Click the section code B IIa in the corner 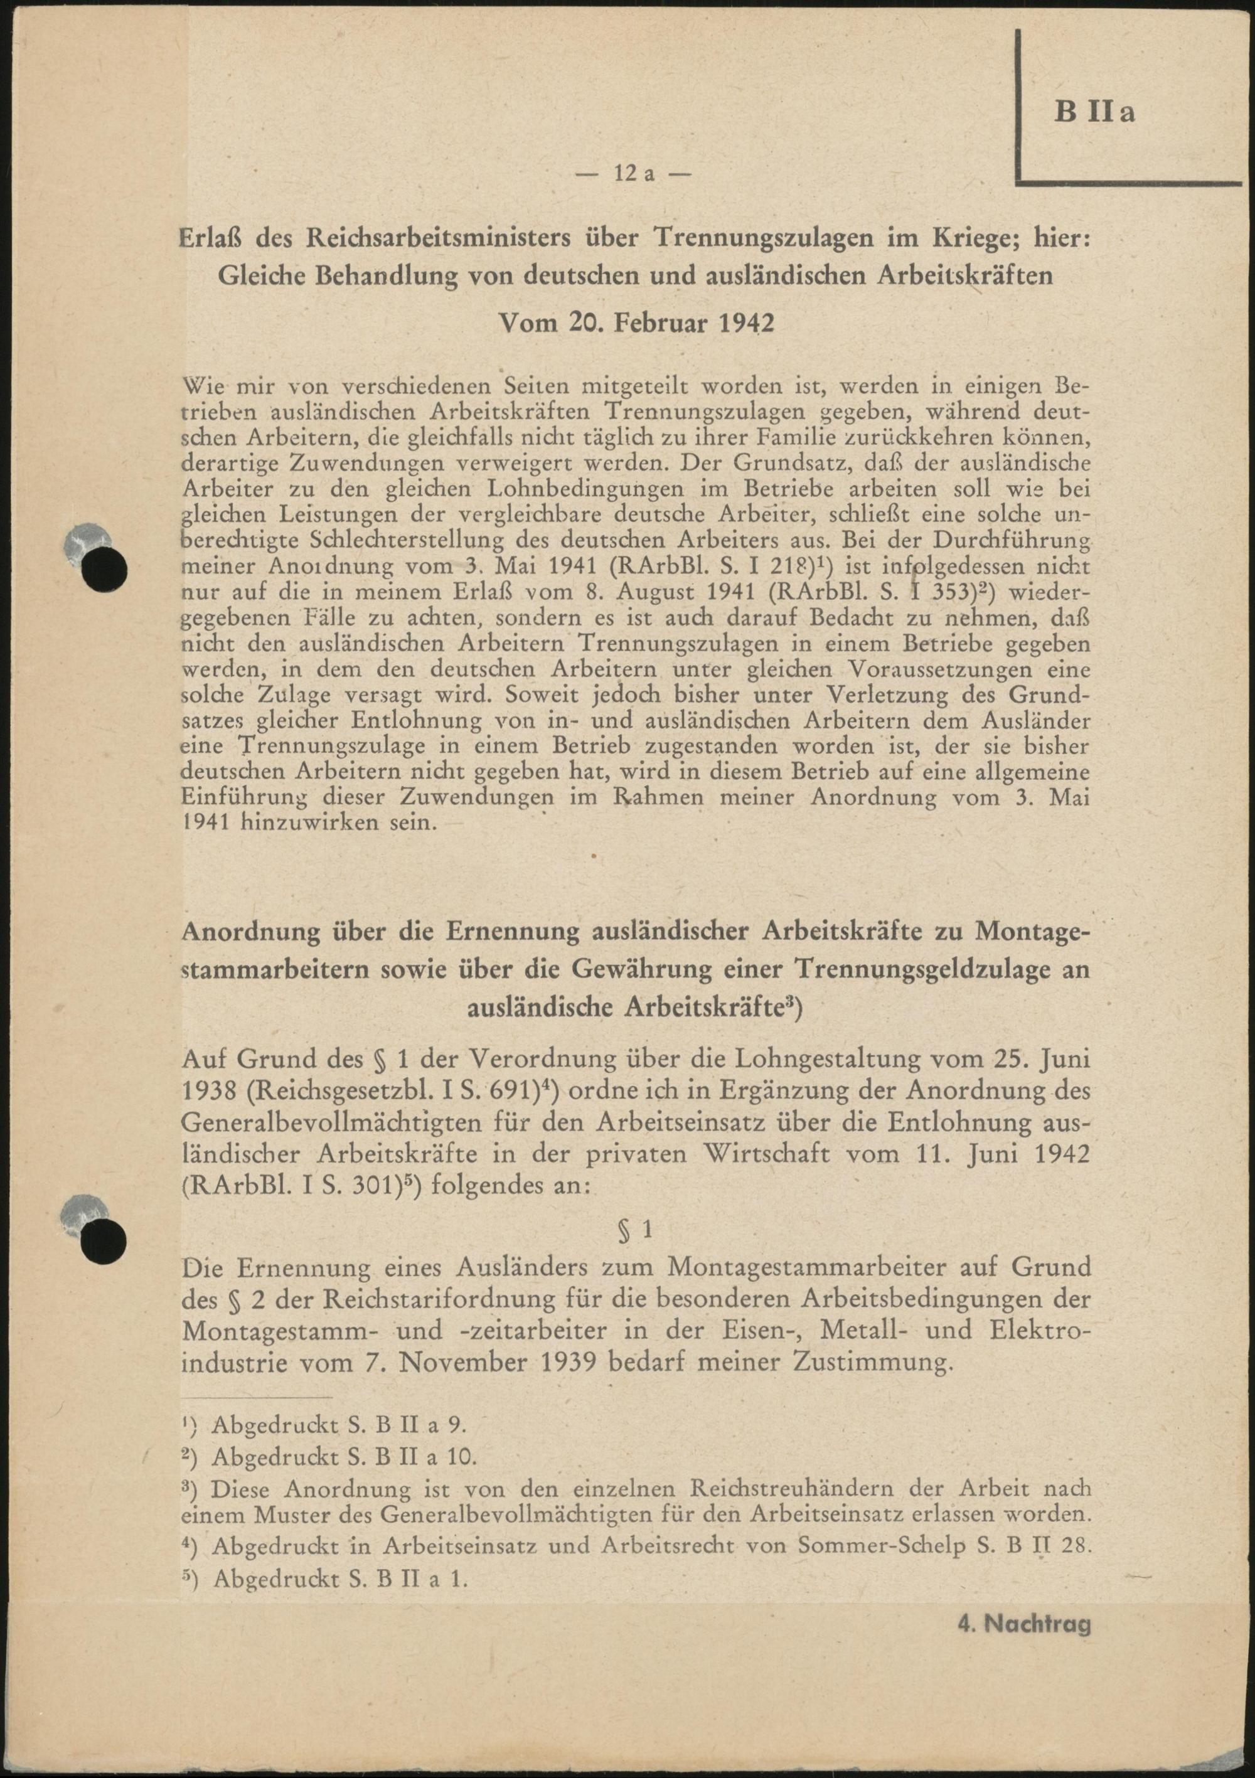click(x=1094, y=112)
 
